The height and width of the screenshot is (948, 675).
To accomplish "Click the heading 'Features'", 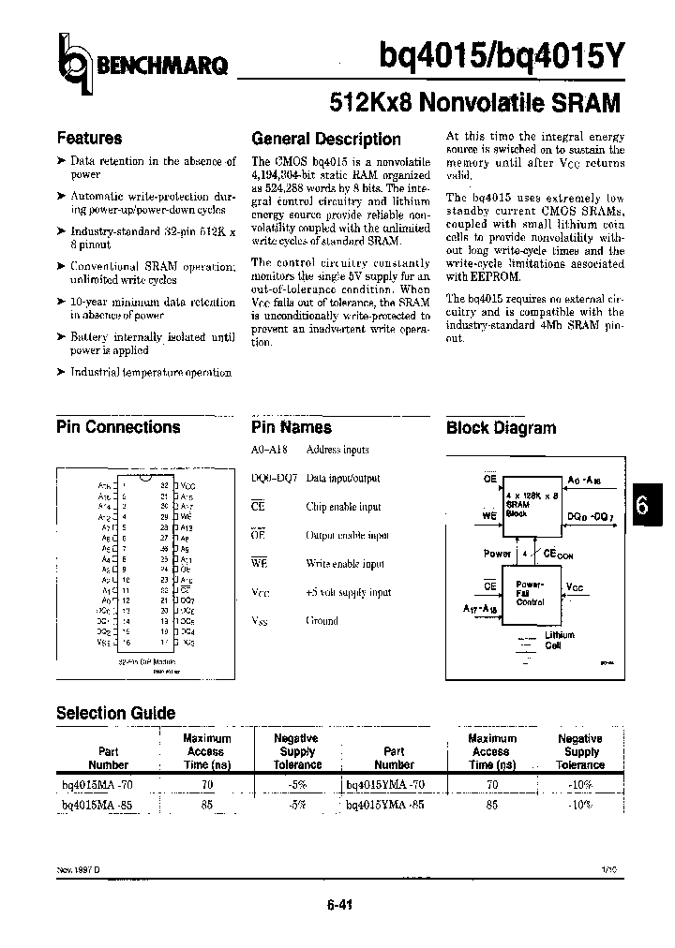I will click(x=89, y=138).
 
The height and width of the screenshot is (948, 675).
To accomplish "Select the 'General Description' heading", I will click(x=325, y=139).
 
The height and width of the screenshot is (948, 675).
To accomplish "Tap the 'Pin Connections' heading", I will click(x=118, y=427).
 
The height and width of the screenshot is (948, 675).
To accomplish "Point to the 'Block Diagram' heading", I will click(x=501, y=428).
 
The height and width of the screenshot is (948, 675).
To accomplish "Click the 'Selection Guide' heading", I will click(x=115, y=713).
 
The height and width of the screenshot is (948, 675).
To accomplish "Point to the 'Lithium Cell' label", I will click(x=560, y=641).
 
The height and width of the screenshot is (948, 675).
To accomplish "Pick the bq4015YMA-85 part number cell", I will click(x=385, y=804).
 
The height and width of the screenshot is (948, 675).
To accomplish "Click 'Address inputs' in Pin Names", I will click(x=337, y=450).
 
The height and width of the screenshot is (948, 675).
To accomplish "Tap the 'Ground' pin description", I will click(x=322, y=620).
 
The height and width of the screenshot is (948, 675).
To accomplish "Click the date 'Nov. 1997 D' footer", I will click(x=78, y=869).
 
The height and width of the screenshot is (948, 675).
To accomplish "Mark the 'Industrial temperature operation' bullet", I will click(x=150, y=372).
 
